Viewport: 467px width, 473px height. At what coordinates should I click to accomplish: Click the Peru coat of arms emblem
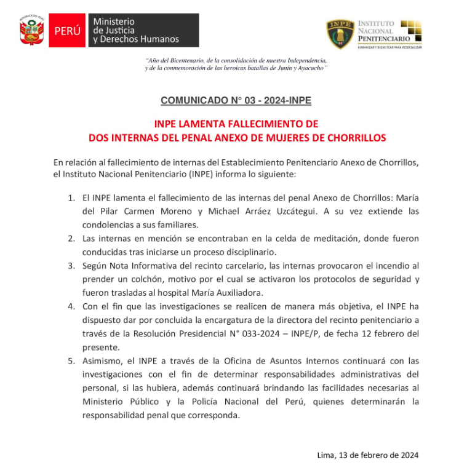[x=32, y=31]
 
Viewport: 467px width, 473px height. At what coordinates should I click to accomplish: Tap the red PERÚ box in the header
[x=67, y=31]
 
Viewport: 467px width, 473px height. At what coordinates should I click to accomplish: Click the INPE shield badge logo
[x=340, y=34]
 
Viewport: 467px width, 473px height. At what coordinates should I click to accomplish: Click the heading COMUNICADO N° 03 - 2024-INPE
[x=236, y=100]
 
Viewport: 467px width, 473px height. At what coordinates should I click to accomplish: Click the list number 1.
[x=71, y=199]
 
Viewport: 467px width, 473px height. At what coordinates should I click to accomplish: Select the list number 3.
[x=71, y=266]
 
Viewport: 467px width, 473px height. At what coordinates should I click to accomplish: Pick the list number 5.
[x=71, y=360]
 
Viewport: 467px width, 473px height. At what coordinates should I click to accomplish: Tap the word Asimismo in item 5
[x=102, y=360]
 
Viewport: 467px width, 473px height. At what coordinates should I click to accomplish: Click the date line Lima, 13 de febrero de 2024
[x=367, y=455]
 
